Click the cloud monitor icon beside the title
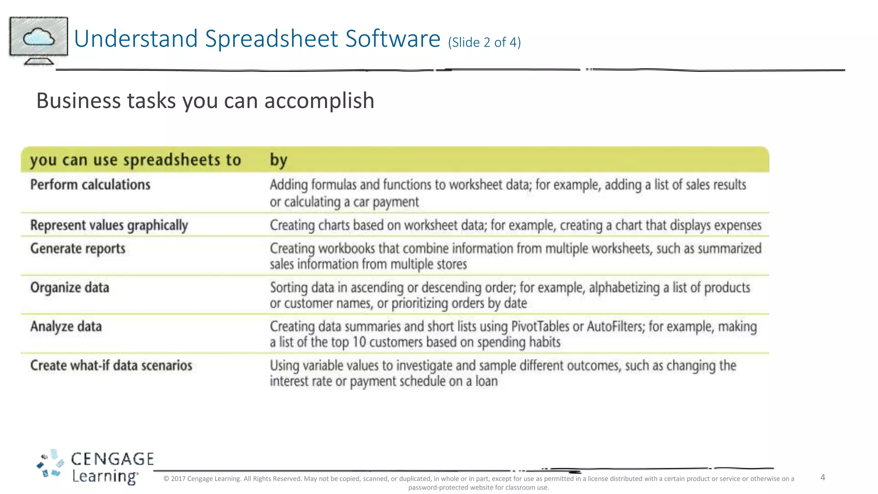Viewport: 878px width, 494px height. coord(39,40)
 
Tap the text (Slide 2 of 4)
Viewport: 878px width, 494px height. coord(484,42)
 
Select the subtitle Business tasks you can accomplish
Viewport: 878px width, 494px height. coord(205,101)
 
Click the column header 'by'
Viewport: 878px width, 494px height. coord(278,160)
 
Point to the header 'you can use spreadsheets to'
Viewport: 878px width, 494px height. coord(135,160)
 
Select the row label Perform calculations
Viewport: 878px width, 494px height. coord(90,185)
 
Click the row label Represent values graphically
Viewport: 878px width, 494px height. coord(109,225)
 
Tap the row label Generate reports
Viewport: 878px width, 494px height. coord(78,249)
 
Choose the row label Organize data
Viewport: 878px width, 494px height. coord(69,288)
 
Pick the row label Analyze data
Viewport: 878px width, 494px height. coord(66,327)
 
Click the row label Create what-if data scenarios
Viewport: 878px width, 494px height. coord(111,366)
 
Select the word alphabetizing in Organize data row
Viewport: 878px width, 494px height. coord(624,288)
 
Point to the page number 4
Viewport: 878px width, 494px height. coord(823,477)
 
